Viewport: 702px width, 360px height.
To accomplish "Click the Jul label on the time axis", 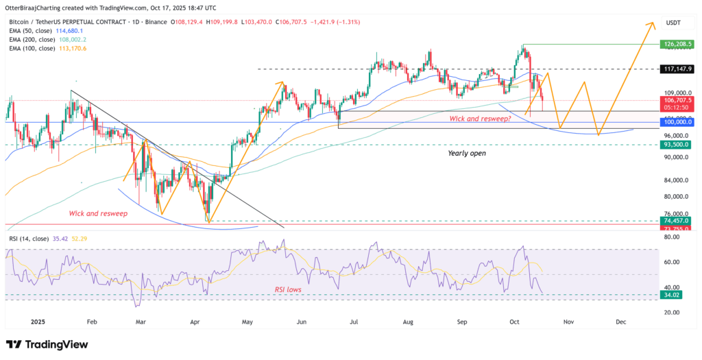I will click(x=355, y=321).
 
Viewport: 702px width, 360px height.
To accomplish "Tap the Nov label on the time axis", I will click(x=568, y=321).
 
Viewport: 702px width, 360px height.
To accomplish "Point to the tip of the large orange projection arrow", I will click(x=649, y=23).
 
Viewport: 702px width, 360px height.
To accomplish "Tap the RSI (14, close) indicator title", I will click(x=29, y=239).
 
